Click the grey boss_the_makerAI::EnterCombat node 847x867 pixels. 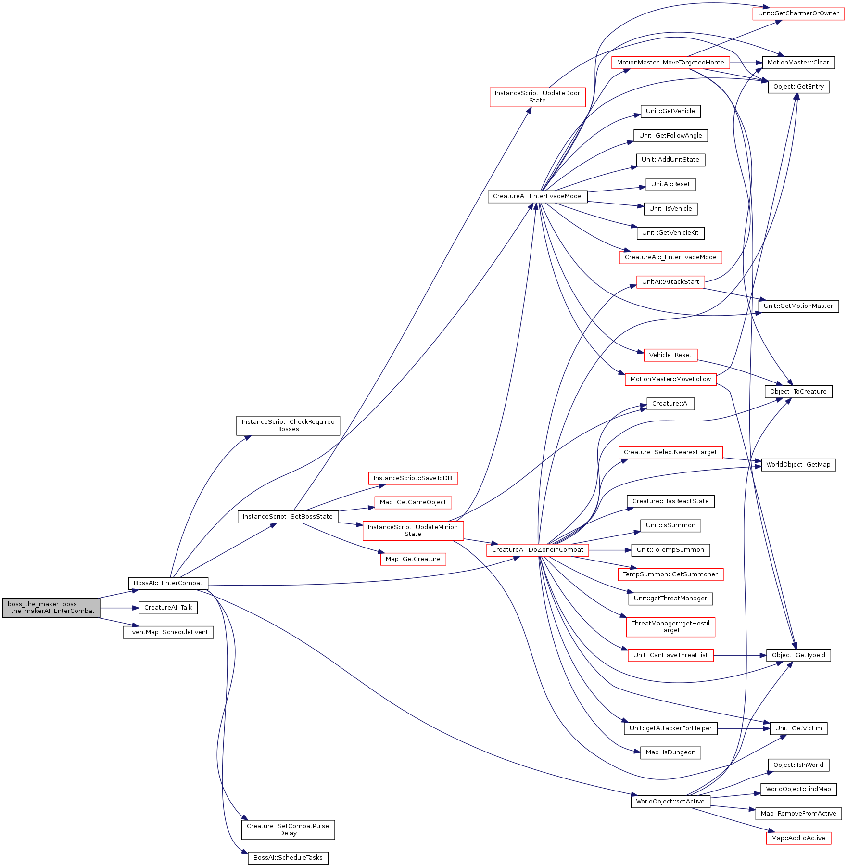pyautogui.click(x=51, y=608)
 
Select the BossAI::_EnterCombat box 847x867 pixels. pyautogui.click(x=168, y=583)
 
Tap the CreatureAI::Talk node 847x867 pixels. pyautogui.click(x=168, y=608)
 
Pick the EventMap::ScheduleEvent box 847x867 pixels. pyautogui.click(x=168, y=632)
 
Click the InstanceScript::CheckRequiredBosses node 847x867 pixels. pyautogui.click(x=288, y=426)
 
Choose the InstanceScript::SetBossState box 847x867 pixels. pyautogui.click(x=288, y=517)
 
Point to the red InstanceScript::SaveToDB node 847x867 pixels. pyautogui.click(x=413, y=478)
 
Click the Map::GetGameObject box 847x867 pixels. pyautogui.click(x=413, y=502)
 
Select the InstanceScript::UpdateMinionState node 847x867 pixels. pyautogui.click(x=413, y=531)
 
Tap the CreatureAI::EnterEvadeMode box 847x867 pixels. pyautogui.click(x=537, y=196)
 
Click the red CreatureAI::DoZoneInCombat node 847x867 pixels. pyautogui.click(x=537, y=550)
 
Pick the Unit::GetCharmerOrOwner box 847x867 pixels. pyautogui.click(x=798, y=13)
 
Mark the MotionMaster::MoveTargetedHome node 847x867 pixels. pyautogui.click(x=670, y=63)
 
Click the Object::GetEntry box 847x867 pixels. pyautogui.click(x=798, y=87)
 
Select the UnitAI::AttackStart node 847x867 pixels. pyautogui.click(x=670, y=282)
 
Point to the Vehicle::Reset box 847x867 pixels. pyautogui.click(x=670, y=355)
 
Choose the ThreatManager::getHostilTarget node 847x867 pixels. pyautogui.click(x=670, y=627)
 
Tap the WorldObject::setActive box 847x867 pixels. pyautogui.click(x=670, y=802)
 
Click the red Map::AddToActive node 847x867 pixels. pyautogui.click(x=798, y=838)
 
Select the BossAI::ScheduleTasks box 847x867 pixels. pyautogui.click(x=288, y=858)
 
